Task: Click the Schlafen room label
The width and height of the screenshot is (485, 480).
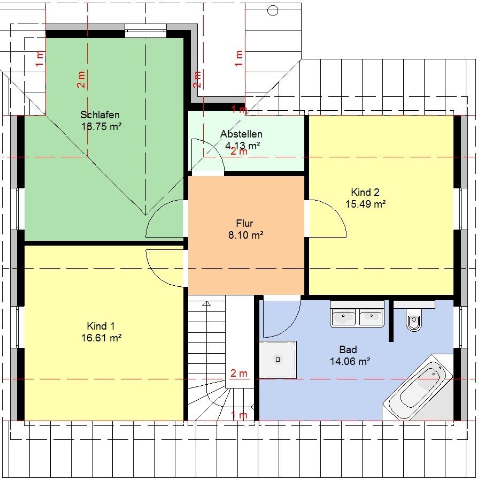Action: point(100,115)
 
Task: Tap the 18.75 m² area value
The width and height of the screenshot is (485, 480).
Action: point(101,126)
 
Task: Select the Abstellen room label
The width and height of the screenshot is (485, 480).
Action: point(241,134)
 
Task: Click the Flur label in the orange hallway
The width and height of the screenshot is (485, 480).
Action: point(244,223)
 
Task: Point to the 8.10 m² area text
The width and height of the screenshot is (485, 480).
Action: point(245,235)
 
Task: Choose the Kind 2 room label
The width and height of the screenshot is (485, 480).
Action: point(365,192)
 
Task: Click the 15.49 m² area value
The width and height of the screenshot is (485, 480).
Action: point(365,204)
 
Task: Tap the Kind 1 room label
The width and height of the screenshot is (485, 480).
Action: point(101,326)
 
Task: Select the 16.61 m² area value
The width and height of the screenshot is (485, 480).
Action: point(101,338)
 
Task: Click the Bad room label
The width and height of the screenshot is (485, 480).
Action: point(348,349)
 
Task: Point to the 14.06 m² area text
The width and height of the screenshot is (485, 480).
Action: point(350,361)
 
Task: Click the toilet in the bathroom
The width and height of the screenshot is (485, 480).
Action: point(413,321)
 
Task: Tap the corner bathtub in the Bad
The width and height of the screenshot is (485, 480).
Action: point(418,387)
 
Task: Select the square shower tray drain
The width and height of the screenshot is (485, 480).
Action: point(278,360)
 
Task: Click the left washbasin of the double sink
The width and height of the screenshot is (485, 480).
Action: point(343,317)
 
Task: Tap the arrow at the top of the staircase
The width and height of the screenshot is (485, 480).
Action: point(206,303)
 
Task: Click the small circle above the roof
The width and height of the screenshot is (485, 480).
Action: point(273,11)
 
